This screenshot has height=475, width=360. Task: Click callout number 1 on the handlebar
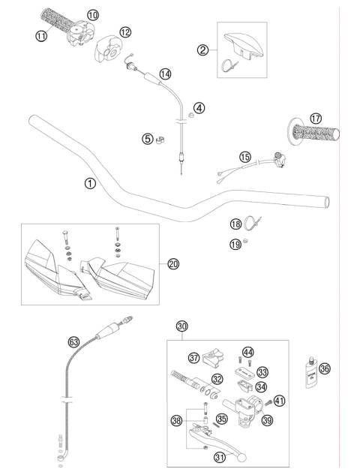(90, 182)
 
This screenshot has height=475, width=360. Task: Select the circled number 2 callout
(202, 51)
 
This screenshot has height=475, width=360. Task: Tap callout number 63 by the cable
(73, 341)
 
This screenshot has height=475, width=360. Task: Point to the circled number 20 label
(173, 263)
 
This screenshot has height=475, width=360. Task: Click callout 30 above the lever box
(181, 326)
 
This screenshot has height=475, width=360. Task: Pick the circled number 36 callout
(324, 368)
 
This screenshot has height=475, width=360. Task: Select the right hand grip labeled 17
(316, 134)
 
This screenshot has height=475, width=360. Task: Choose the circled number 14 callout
(165, 74)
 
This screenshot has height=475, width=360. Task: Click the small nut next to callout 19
(247, 245)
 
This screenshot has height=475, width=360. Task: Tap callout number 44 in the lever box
(247, 352)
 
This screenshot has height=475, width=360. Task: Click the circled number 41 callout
(278, 401)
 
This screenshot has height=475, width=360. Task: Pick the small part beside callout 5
(160, 139)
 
